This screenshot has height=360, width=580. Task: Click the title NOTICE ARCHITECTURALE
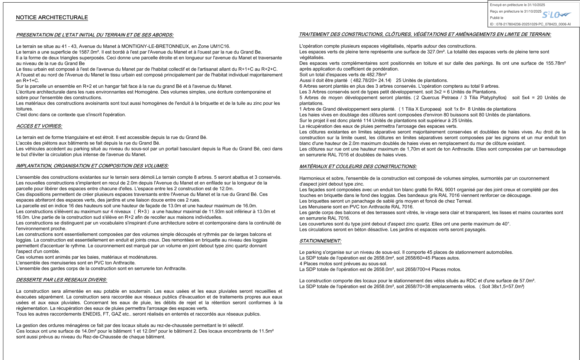[52, 17]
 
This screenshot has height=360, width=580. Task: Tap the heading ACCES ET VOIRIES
[39, 126]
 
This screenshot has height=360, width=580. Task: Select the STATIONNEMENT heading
[320, 241]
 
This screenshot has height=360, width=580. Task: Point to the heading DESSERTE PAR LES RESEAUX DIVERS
[61, 280]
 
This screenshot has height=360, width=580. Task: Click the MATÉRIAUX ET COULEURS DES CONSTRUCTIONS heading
[358, 167]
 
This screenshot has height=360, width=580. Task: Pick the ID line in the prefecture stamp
[530, 24]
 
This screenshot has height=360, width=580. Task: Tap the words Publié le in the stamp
[496, 18]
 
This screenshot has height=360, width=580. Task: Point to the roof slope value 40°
[506, 224]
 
